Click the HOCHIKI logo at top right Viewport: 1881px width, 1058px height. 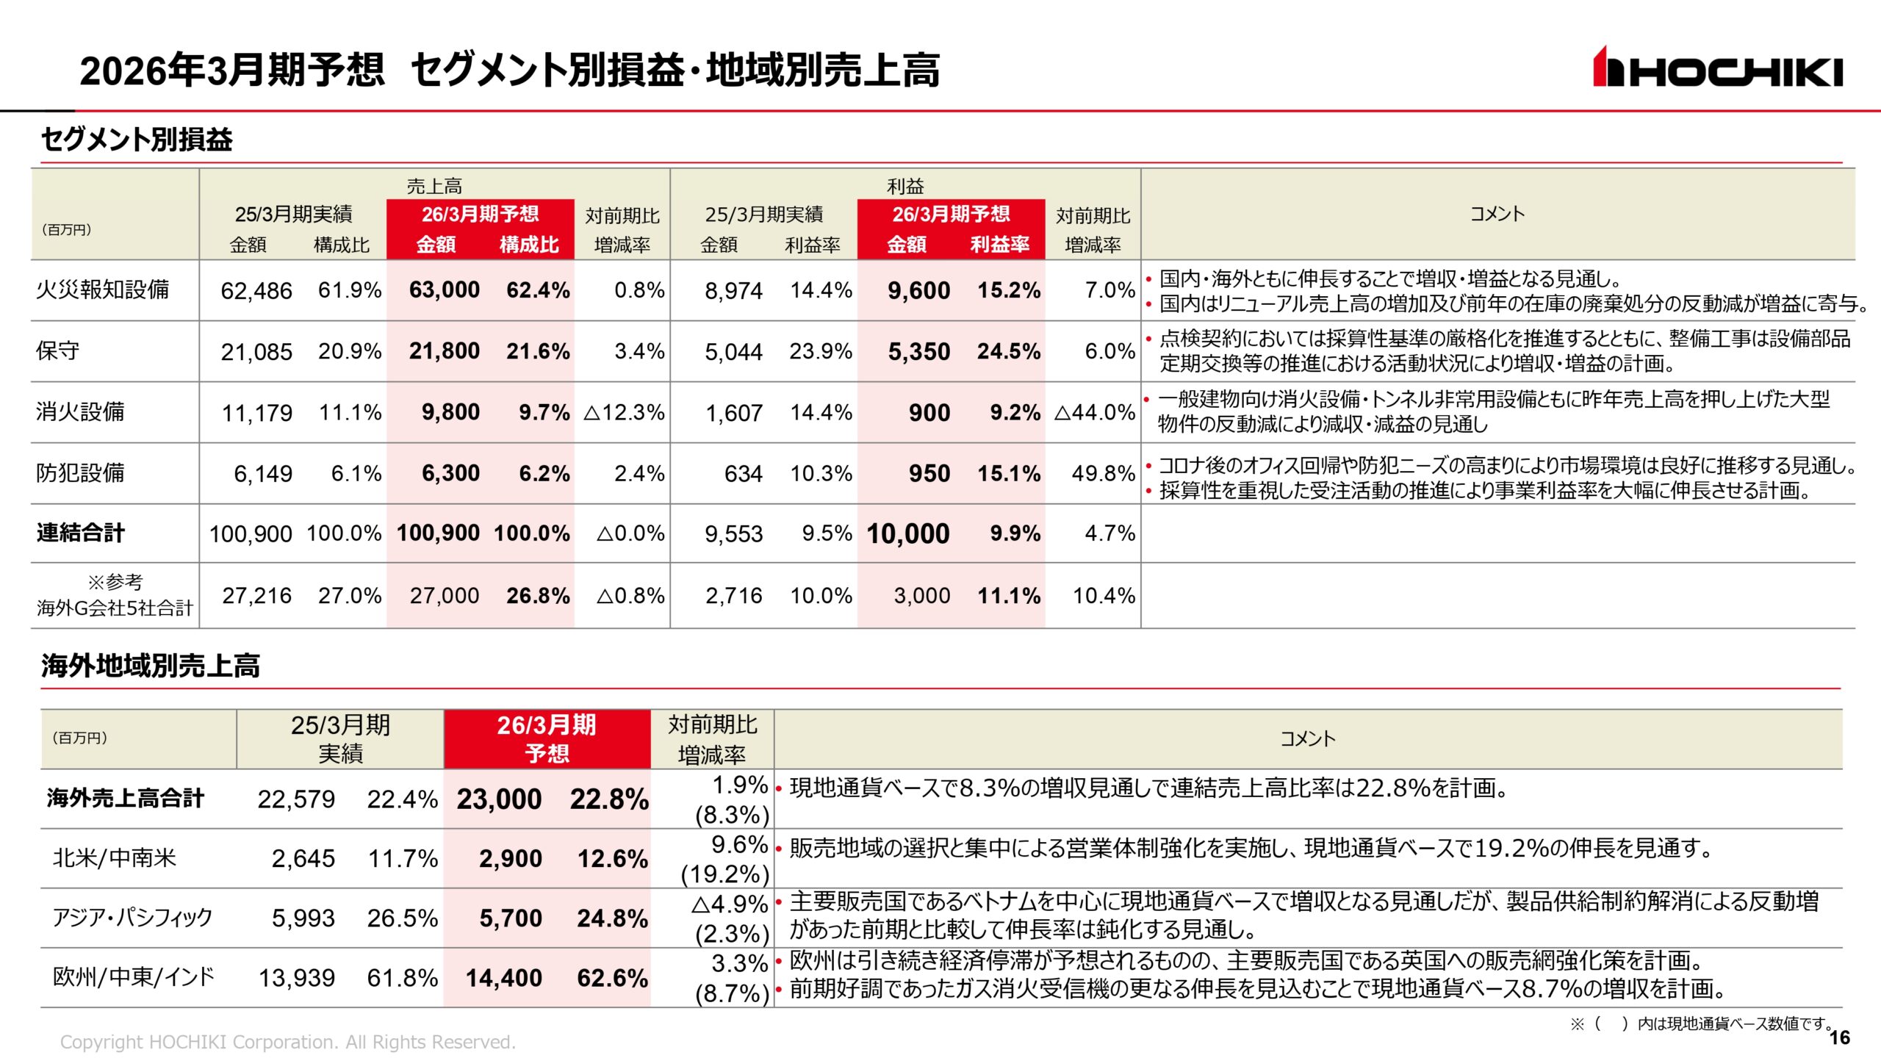tap(1717, 68)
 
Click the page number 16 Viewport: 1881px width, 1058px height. tap(1839, 1037)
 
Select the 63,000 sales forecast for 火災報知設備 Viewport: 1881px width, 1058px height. tap(444, 290)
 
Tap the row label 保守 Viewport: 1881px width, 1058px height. tap(58, 350)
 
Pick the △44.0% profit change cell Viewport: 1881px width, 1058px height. tap(1095, 412)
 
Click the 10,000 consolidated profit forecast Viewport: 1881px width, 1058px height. tap(908, 533)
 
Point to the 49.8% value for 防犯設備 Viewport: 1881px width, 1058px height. tap(1103, 473)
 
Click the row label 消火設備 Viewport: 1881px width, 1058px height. tap(80, 411)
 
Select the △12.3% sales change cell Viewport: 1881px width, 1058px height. tap(624, 412)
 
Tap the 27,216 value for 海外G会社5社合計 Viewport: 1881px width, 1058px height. tap(256, 596)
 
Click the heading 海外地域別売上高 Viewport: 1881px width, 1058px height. tap(151, 666)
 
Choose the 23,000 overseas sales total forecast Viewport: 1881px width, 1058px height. tap(499, 799)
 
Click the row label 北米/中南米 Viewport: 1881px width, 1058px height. tap(115, 858)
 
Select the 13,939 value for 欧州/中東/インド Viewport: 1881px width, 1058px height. tap(297, 978)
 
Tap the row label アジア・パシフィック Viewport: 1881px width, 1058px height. tap(132, 918)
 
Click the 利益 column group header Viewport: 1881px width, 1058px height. tap(905, 186)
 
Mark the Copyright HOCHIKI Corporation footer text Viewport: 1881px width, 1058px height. tap(287, 1042)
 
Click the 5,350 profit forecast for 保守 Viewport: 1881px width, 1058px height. tap(918, 351)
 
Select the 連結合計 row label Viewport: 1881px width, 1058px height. tap(81, 533)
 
